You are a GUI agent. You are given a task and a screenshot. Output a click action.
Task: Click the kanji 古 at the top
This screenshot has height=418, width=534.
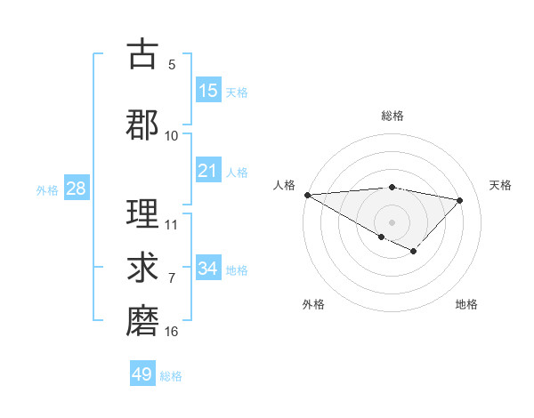[142, 54]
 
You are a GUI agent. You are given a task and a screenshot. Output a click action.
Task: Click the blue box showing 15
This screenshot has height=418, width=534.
[208, 91]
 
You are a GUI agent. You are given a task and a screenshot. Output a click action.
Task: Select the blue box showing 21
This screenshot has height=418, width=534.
[208, 171]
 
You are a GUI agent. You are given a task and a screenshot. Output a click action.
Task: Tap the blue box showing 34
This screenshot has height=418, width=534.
[208, 269]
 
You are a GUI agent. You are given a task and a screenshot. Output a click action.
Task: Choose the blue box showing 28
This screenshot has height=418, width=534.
[75, 189]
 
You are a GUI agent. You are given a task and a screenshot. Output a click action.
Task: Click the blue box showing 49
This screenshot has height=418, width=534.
[142, 374]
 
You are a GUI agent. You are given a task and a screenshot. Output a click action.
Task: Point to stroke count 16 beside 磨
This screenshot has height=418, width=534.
[172, 332]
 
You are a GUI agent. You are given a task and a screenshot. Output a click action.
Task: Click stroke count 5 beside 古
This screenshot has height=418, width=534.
[172, 64]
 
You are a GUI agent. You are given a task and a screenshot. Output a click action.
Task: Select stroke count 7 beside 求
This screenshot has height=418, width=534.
[172, 278]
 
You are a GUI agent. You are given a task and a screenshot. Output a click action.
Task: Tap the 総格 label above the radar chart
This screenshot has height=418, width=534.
[392, 116]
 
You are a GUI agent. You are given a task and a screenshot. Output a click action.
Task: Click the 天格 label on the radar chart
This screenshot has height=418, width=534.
[501, 185]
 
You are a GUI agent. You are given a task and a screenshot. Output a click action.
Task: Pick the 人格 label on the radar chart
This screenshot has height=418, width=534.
[284, 185]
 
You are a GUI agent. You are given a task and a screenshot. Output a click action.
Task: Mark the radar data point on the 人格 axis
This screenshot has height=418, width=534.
[307, 195]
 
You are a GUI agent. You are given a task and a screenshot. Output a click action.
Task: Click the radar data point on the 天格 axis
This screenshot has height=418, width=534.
[460, 200]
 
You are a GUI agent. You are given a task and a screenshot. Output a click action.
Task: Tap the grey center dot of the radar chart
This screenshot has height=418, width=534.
[392, 221]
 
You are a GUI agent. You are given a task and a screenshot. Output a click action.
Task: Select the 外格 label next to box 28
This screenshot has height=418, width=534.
[47, 189]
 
